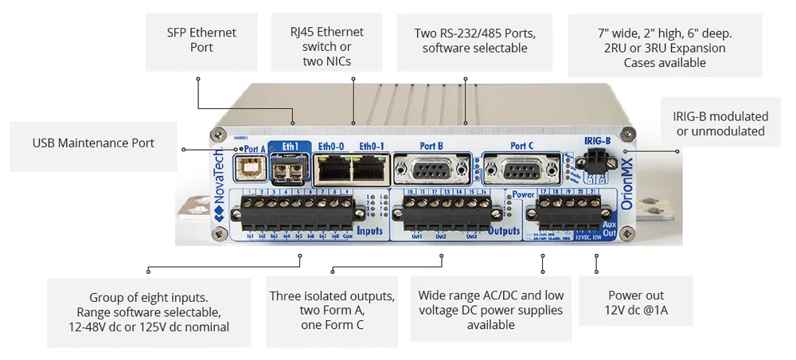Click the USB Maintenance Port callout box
tap(93, 143)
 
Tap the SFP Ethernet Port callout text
tap(201, 40)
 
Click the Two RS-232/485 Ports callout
tap(474, 41)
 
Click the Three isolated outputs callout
tap(332, 311)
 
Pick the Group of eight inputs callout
tap(149, 311)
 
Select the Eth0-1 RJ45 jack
tap(370, 168)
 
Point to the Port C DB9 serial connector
tap(521, 169)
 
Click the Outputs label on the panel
tap(503, 231)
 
